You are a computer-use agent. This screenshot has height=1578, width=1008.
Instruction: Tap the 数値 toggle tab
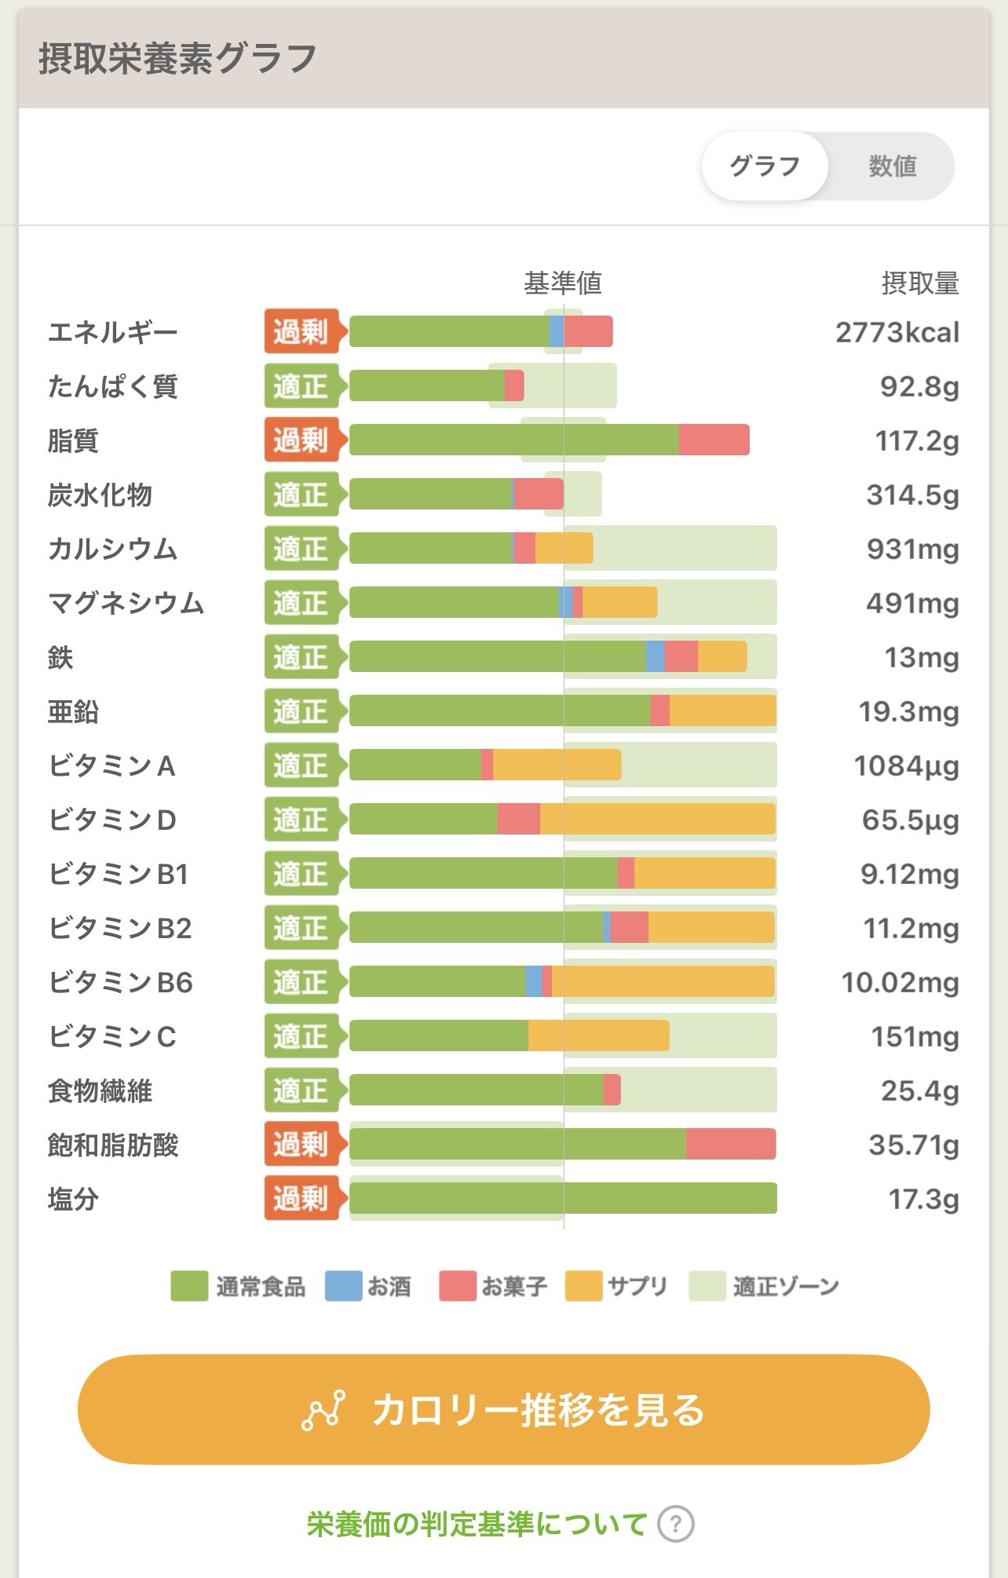(x=892, y=166)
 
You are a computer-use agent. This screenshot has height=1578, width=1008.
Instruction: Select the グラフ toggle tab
(x=765, y=166)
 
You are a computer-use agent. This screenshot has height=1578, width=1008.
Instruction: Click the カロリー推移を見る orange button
(x=503, y=1409)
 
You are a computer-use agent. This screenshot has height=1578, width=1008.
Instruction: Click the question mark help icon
(x=676, y=1525)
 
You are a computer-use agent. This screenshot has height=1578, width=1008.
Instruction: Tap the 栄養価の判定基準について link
(x=477, y=1525)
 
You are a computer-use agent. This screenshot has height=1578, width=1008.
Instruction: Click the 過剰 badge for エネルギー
(x=301, y=332)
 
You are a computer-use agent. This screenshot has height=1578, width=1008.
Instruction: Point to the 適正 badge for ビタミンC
(x=301, y=1036)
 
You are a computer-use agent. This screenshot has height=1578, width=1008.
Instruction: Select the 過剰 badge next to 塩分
(x=301, y=1199)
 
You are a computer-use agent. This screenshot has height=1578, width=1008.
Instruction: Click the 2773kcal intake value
(x=897, y=333)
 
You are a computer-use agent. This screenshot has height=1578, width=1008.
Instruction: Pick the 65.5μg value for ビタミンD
(x=910, y=820)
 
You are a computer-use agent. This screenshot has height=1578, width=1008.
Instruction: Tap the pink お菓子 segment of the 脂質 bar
(x=714, y=440)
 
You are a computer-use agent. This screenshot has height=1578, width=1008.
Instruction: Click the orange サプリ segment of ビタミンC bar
(x=598, y=1036)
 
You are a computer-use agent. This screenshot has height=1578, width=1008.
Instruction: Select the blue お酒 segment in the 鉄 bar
(x=655, y=656)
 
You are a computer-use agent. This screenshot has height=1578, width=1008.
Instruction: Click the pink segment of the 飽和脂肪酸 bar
(x=730, y=1144)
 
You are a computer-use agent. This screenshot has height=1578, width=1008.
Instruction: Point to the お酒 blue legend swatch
(x=343, y=1287)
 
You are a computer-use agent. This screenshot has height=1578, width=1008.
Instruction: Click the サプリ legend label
(x=637, y=1287)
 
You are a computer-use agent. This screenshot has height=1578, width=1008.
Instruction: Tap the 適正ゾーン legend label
(x=786, y=1287)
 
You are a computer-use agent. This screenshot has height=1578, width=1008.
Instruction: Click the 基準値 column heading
(x=563, y=283)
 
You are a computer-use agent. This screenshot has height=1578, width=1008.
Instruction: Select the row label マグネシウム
(x=126, y=603)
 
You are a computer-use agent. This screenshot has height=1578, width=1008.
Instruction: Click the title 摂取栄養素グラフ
(x=177, y=59)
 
